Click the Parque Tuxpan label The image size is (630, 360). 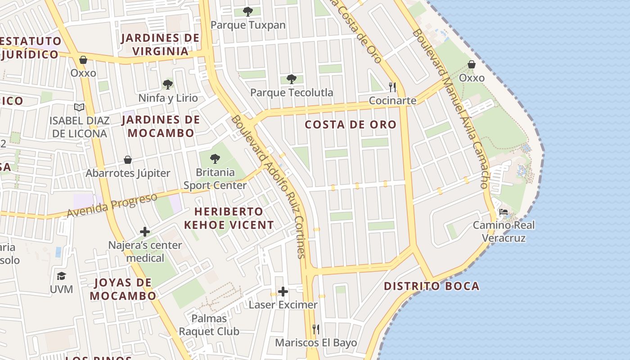pyautogui.click(x=248, y=25)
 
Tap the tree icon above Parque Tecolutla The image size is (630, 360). pyautogui.click(x=292, y=79)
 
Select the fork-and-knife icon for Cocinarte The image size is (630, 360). pyautogui.click(x=392, y=86)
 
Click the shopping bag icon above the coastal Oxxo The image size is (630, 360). pyautogui.click(x=472, y=64)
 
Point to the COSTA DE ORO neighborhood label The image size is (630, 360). pyautogui.click(x=351, y=125)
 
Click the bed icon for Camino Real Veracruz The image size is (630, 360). pyautogui.click(x=504, y=211)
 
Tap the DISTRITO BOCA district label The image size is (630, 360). pyautogui.click(x=432, y=286)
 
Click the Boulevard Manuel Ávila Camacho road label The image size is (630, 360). pyautogui.click(x=450, y=108)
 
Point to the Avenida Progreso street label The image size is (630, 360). pyautogui.click(x=112, y=205)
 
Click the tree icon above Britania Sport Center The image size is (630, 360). pyautogui.click(x=215, y=158)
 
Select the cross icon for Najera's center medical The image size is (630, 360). pyautogui.click(x=145, y=232)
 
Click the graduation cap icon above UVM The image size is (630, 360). pyautogui.click(x=61, y=276)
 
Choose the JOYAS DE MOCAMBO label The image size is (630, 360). pyautogui.click(x=122, y=289)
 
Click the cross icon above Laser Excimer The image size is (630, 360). pyautogui.click(x=283, y=292)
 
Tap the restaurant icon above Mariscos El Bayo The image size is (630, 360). pyautogui.click(x=316, y=329)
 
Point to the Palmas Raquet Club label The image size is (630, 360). pyautogui.click(x=209, y=325)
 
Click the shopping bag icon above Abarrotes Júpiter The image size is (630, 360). pyautogui.click(x=128, y=160)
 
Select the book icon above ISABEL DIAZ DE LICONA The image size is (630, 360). pyautogui.click(x=79, y=107)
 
